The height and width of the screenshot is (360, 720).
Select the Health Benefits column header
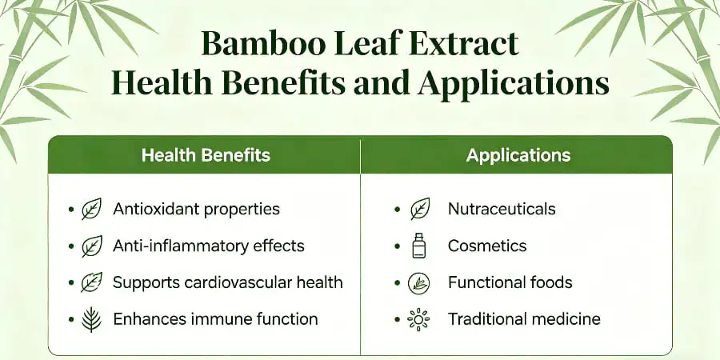click(206, 154)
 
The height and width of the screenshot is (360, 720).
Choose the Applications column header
click(518, 154)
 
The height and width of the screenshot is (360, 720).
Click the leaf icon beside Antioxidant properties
click(92, 210)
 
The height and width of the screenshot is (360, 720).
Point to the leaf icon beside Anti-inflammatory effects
click(92, 246)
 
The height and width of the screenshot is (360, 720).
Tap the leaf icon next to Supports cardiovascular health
click(92, 282)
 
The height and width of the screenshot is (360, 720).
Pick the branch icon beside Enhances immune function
click(92, 319)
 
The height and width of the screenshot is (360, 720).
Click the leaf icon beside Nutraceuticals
click(419, 210)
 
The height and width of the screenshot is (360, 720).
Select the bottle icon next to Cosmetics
click(419, 246)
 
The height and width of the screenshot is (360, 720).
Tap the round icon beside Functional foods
click(419, 282)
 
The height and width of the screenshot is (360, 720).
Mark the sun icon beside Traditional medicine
click(419, 319)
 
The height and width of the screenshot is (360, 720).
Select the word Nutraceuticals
click(502, 210)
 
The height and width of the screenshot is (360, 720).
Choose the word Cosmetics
click(487, 246)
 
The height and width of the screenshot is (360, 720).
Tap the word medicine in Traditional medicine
click(566, 319)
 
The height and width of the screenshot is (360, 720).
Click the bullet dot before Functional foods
click(398, 282)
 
